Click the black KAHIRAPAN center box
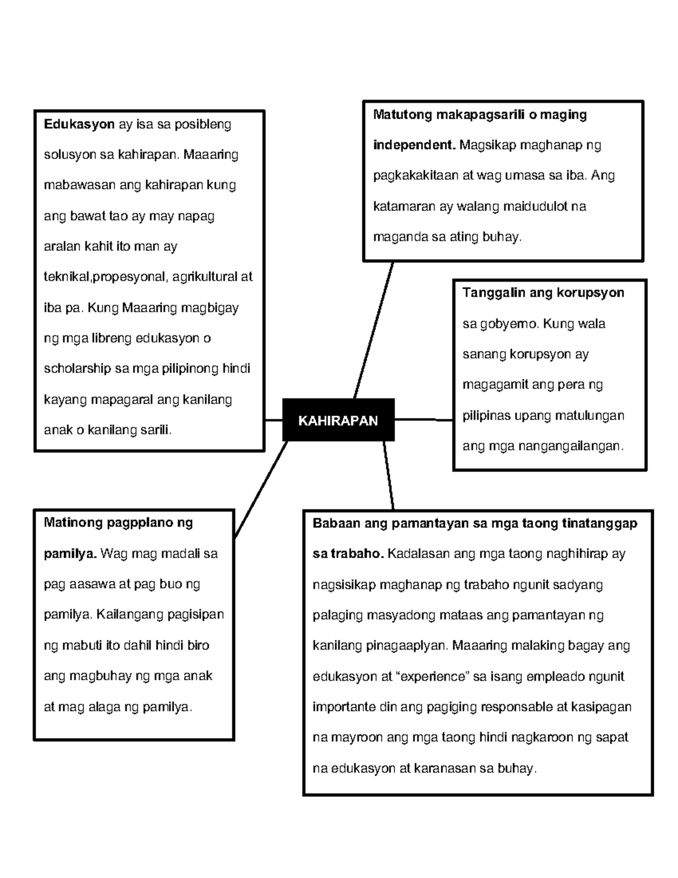[338, 420]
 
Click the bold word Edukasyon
[79, 124]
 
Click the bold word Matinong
[71, 522]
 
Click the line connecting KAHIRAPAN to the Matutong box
[373, 331]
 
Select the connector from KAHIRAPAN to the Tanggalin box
[424, 419]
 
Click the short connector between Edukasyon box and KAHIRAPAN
[273, 420]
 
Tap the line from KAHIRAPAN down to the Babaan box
[388, 475]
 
